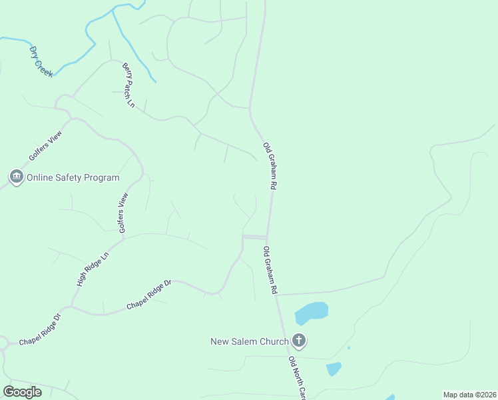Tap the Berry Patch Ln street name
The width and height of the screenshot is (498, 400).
click(128, 85)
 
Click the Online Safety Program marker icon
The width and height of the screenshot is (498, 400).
click(16, 177)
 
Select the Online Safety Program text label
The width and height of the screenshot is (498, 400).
click(73, 178)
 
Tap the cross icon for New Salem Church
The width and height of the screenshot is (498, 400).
click(299, 341)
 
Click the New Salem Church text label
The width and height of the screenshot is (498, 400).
click(250, 341)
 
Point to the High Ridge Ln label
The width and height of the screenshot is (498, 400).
click(92, 269)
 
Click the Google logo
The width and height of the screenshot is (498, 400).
click(22, 391)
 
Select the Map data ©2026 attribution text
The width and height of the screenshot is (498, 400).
click(469, 394)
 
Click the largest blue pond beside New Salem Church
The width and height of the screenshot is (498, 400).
click(312, 311)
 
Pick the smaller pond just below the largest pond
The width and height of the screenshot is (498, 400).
click(334, 369)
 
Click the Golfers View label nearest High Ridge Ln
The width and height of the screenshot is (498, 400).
click(123, 213)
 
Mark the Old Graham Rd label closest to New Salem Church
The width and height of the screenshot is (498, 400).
click(270, 271)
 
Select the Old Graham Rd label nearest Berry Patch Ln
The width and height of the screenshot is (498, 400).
click(269, 167)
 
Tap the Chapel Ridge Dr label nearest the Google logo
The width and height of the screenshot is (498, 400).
click(40, 332)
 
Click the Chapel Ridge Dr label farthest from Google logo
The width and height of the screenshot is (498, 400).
click(149, 294)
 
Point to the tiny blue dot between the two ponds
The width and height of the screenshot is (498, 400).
click(348, 347)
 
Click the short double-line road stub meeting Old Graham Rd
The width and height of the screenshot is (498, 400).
click(254, 237)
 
